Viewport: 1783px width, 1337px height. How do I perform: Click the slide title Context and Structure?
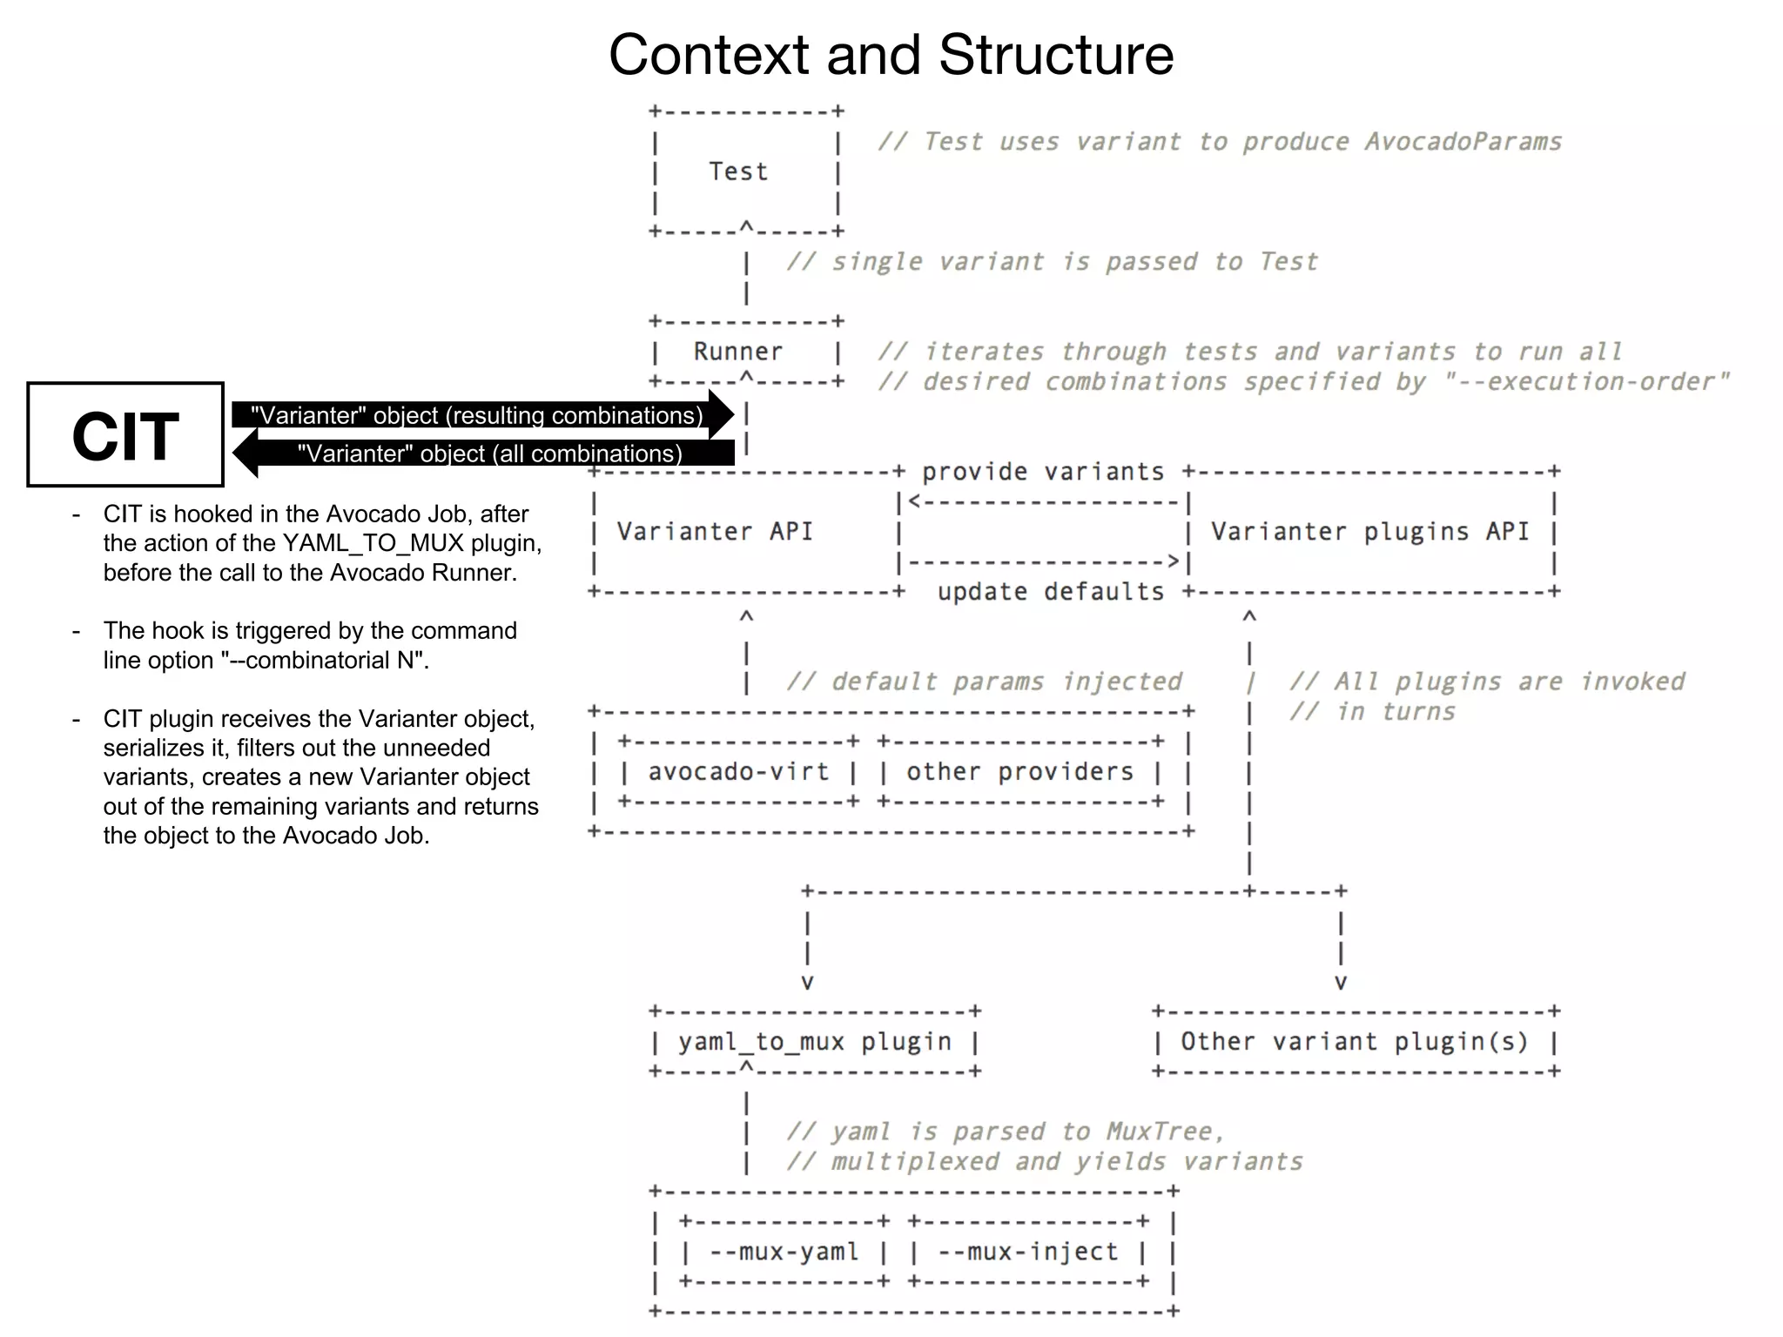(891, 55)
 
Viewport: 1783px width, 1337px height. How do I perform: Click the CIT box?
(125, 434)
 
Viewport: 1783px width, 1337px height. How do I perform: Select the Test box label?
(738, 171)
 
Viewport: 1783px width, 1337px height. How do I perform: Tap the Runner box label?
(738, 352)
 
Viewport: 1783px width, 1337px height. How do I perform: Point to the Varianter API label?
(715, 532)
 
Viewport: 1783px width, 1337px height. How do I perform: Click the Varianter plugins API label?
(1369, 532)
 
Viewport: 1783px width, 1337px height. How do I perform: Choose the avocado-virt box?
(738, 772)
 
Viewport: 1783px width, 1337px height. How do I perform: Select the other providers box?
(1019, 772)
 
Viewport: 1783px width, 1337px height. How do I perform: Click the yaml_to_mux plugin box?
(815, 1042)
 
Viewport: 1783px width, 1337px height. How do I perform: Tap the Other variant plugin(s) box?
(1354, 1042)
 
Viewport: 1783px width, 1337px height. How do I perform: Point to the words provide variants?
(1043, 472)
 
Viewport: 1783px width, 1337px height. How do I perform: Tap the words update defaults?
(1051, 592)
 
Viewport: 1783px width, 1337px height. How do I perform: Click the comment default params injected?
(984, 682)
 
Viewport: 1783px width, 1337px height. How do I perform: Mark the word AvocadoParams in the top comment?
(1463, 142)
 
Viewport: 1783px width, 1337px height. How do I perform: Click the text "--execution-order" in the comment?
(1586, 381)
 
